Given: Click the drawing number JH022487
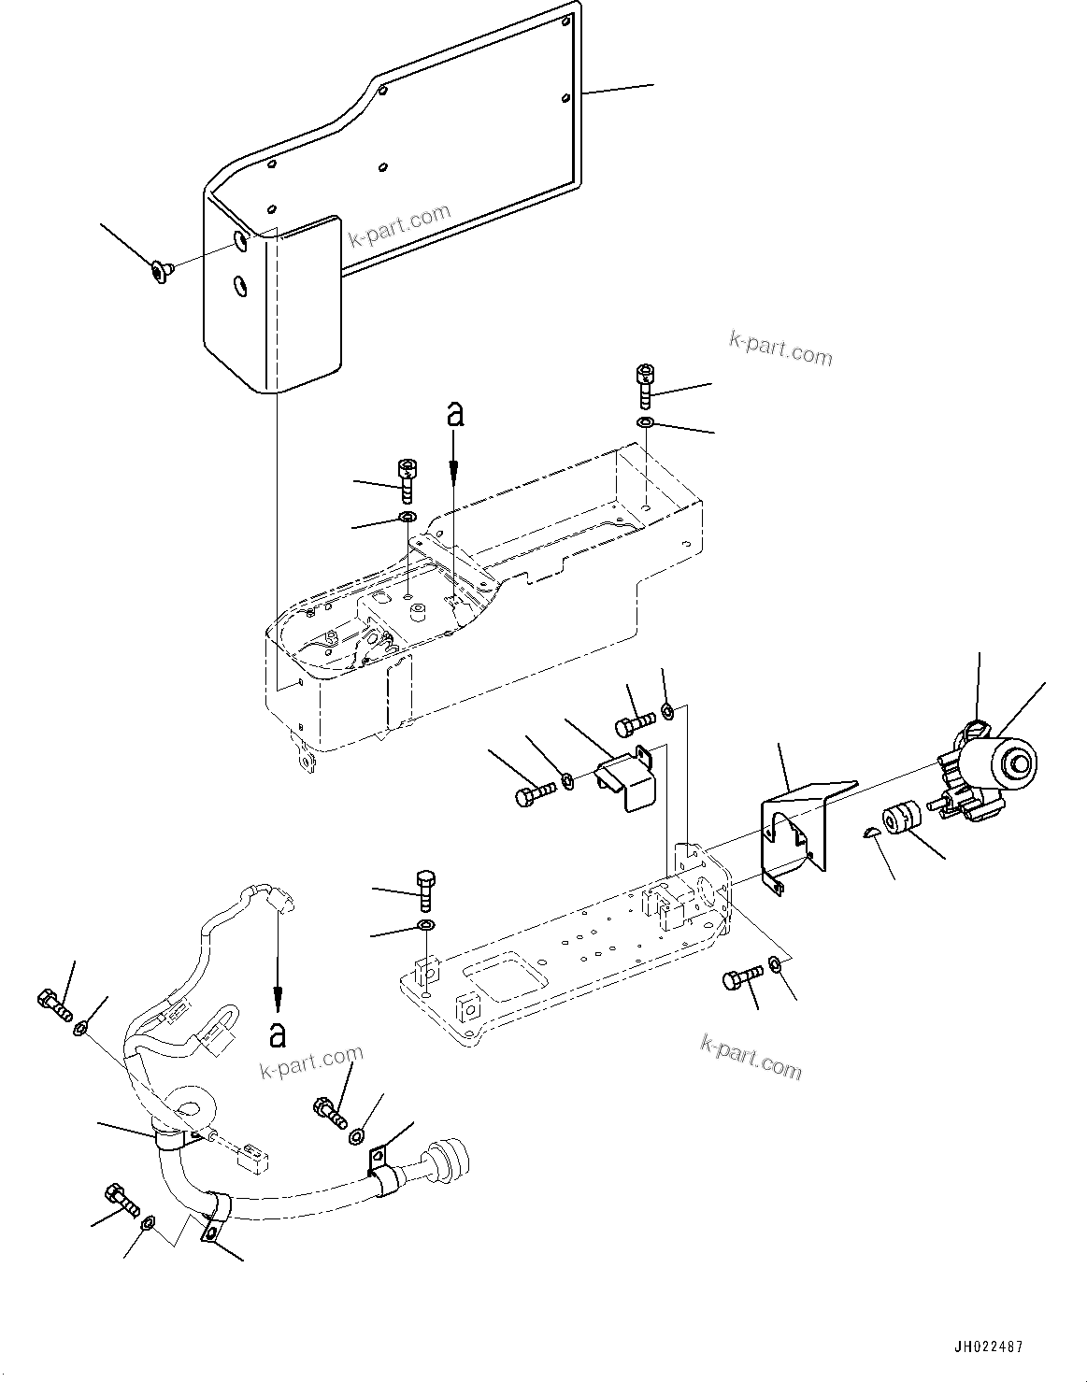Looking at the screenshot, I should click(x=989, y=1347).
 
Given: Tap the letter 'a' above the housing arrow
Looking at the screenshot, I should click(x=454, y=413).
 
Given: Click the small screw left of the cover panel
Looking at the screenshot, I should click(x=160, y=272).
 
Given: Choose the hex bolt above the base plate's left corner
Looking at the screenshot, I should click(x=426, y=889).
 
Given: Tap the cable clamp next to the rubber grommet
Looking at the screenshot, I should click(x=380, y=1171).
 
